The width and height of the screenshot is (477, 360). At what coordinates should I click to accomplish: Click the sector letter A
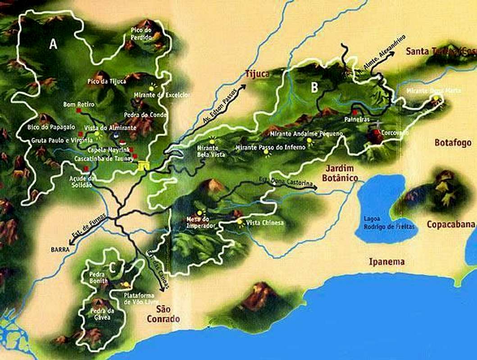[54, 44]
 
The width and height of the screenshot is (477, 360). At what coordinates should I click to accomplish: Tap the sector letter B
[314, 88]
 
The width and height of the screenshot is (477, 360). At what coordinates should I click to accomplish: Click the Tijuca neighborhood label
[257, 74]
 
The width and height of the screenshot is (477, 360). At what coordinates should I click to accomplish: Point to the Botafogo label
[453, 143]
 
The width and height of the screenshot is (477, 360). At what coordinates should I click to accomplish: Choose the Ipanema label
[386, 261]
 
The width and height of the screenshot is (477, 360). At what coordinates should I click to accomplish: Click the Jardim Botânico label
[340, 173]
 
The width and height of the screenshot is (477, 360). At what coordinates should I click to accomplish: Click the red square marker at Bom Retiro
[78, 110]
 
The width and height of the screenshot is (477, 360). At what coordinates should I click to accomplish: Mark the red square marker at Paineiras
[355, 112]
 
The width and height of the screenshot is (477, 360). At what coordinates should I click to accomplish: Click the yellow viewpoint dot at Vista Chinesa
[240, 222]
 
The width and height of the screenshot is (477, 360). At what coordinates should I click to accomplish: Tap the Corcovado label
[395, 134]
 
